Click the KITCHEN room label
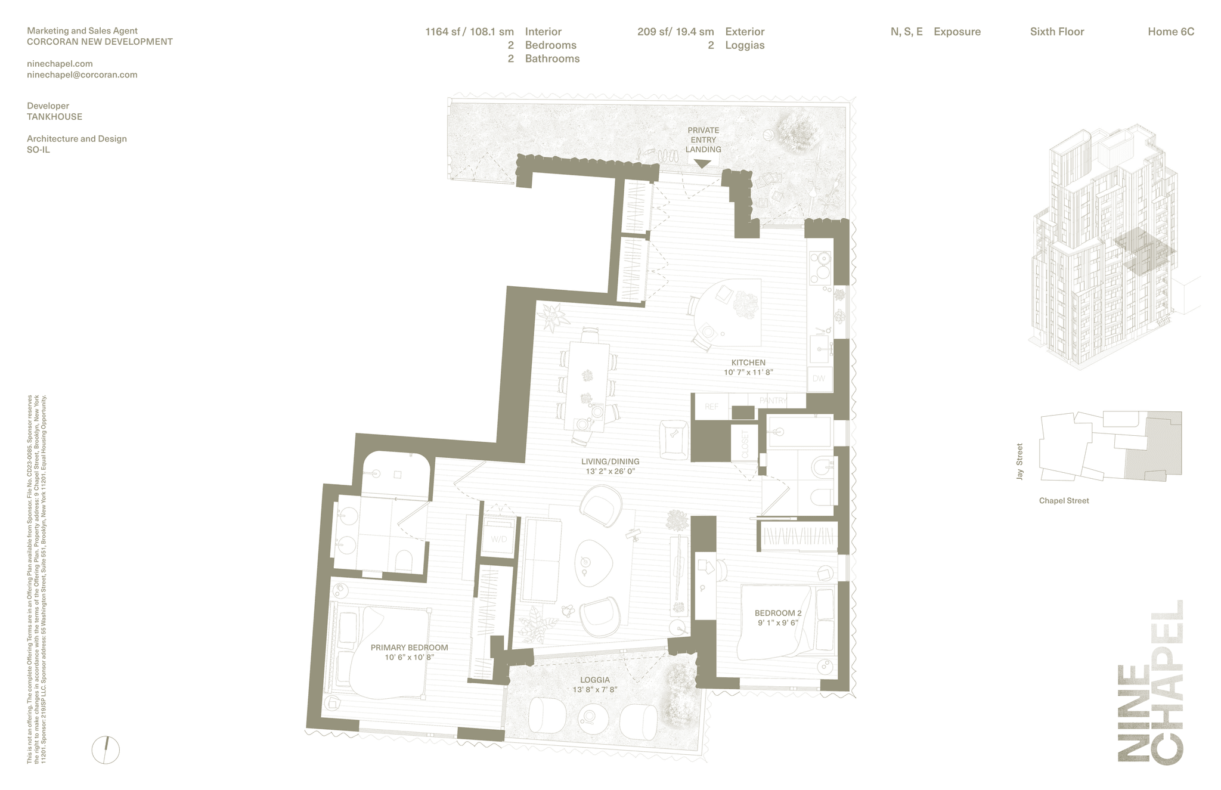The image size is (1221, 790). click(x=748, y=363)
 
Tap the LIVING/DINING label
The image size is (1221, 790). click(x=610, y=461)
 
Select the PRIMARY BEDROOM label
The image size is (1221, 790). click(x=409, y=648)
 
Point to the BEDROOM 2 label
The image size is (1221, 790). click(x=777, y=613)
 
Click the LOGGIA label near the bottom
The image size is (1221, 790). click(x=594, y=680)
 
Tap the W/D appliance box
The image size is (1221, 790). click(x=498, y=539)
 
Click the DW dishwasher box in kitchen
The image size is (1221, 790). click(x=819, y=379)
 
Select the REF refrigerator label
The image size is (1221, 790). click(x=711, y=407)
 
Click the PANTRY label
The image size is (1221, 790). click(x=773, y=401)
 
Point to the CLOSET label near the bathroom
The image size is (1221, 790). click(x=745, y=444)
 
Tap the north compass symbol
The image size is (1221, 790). click(x=106, y=750)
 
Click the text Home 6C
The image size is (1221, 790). click(x=1170, y=32)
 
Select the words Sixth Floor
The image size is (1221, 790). click(x=1056, y=32)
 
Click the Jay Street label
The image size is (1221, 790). click(x=1019, y=461)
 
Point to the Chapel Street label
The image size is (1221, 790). click(x=1064, y=501)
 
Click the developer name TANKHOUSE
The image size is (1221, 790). click(x=54, y=117)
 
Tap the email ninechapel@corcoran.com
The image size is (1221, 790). click(x=82, y=75)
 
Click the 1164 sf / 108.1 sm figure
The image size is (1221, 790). click(x=469, y=32)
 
